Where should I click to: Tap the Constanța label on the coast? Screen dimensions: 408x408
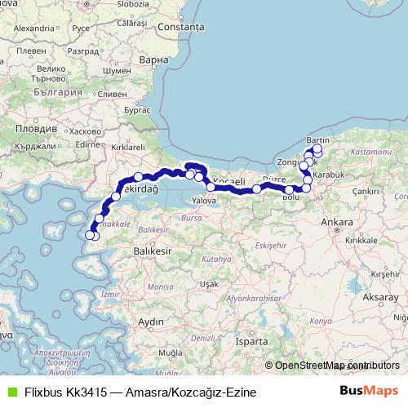tap(181, 27)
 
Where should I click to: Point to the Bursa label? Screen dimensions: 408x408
tap(189, 219)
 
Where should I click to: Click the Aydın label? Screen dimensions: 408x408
tap(152, 322)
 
